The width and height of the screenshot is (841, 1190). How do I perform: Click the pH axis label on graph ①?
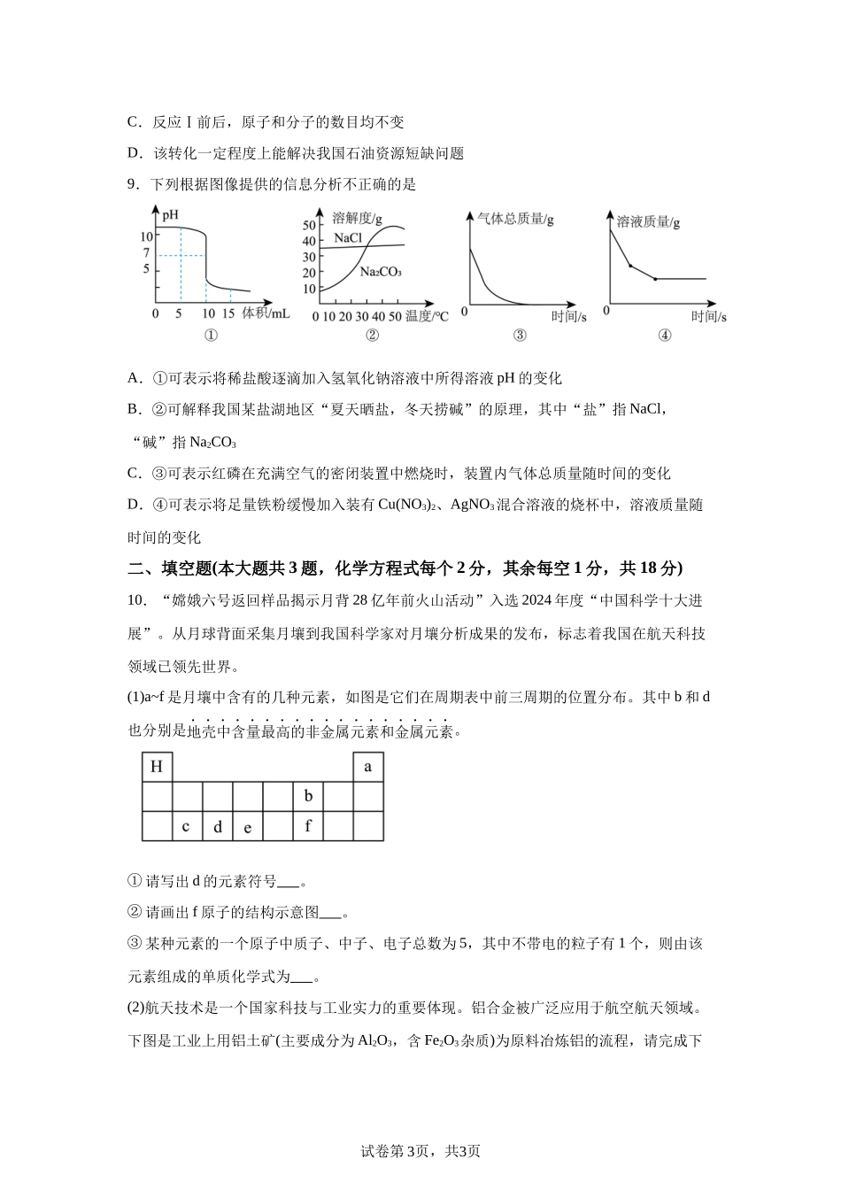170,214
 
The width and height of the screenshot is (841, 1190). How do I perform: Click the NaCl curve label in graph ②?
348,238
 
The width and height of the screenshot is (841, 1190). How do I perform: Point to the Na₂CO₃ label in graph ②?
381,272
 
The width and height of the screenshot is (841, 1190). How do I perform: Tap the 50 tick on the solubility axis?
309,225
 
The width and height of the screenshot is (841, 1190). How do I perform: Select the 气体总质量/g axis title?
515,219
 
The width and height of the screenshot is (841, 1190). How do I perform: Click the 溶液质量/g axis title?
648,221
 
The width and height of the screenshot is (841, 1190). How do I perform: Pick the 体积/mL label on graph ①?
266,313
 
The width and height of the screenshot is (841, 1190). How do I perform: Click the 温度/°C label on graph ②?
427,316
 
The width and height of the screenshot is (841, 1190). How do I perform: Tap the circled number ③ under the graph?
520,335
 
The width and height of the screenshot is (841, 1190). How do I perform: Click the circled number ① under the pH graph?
211,335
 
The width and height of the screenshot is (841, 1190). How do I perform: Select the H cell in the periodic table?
157,767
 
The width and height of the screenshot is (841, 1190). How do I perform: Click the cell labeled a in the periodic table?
368,767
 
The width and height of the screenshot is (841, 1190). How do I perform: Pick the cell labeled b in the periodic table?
308,796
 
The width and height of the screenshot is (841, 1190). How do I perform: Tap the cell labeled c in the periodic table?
186,826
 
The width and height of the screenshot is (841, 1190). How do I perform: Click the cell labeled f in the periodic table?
308,826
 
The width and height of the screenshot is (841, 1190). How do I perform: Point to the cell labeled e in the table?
247,827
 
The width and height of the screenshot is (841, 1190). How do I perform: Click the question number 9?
133,184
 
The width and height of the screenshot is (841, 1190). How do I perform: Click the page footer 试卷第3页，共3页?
420,1151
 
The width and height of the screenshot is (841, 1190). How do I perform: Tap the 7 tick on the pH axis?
147,254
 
